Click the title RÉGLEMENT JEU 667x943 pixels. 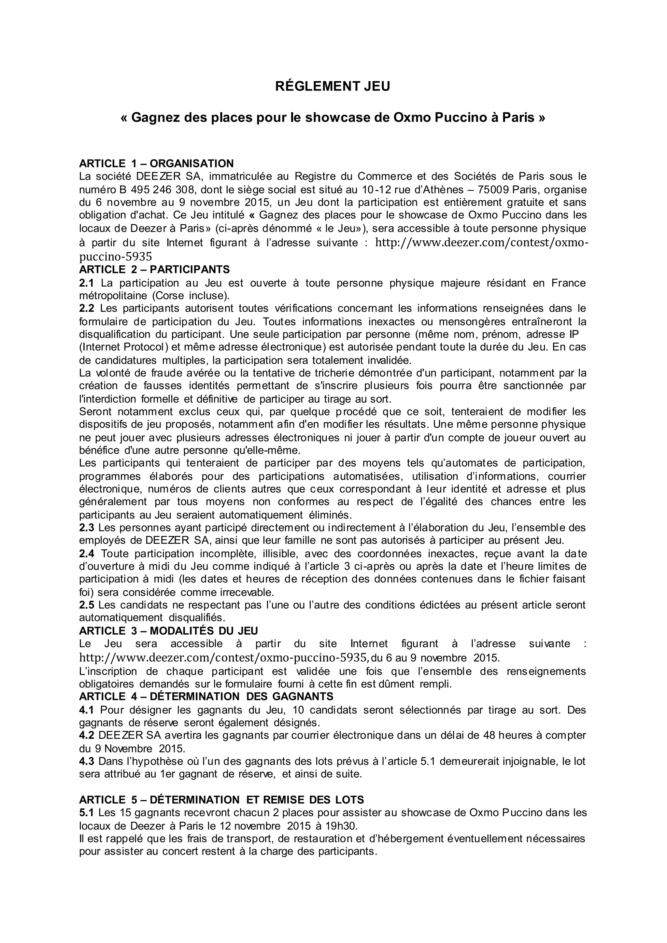coord(333,86)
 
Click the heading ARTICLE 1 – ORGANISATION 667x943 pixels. coord(156,163)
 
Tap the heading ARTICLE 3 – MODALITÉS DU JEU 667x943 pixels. coord(168,630)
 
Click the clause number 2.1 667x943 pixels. coord(86,283)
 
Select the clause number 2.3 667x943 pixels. coord(86,528)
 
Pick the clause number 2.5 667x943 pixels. coord(86,605)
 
